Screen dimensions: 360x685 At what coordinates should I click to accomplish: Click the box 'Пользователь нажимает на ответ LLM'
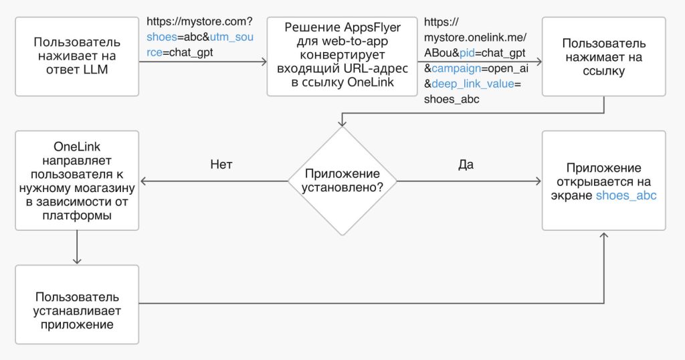(76, 57)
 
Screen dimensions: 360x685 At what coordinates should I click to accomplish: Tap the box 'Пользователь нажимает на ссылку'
(604, 57)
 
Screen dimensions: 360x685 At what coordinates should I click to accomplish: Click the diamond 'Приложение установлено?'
(342, 181)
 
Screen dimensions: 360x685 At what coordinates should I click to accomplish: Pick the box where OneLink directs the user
(76, 181)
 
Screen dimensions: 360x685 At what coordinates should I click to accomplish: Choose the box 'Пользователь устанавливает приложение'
(76, 304)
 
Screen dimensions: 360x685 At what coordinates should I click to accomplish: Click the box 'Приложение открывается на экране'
(604, 181)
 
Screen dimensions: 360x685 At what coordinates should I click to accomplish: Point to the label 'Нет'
(221, 165)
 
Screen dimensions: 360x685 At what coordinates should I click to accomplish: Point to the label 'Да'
(466, 165)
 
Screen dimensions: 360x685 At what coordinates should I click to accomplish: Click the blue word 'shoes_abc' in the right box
(626, 195)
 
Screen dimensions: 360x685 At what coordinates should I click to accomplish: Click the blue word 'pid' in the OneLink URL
(466, 52)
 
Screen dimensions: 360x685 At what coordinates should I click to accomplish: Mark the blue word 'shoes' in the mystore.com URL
(160, 37)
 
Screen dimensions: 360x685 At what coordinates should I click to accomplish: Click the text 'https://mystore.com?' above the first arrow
(199, 22)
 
